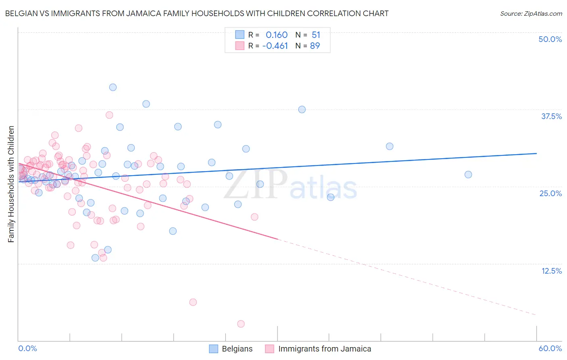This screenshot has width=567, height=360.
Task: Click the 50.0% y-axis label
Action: click(x=550, y=39)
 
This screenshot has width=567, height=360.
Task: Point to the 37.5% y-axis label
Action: click(x=551, y=116)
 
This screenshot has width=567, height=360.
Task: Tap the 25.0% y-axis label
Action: click(x=550, y=193)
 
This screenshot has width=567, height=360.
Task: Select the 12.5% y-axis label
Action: click(x=551, y=271)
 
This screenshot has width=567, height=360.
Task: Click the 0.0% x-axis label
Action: click(x=27, y=348)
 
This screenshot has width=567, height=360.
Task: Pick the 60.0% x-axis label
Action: click(x=550, y=348)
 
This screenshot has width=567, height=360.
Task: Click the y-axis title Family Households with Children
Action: click(x=11, y=184)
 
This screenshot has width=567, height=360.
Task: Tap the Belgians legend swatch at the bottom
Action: click(x=213, y=349)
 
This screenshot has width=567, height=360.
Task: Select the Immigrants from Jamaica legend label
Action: click(x=325, y=349)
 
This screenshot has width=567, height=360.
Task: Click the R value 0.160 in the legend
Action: click(x=277, y=35)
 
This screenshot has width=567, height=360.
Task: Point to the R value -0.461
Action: click(x=275, y=46)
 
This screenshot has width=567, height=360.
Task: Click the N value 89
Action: click(x=315, y=46)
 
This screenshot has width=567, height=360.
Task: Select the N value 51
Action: click(x=316, y=35)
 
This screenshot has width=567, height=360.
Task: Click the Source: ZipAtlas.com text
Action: click(x=531, y=14)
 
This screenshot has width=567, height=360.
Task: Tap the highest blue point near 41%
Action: click(x=113, y=87)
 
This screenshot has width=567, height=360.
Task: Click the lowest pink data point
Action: click(x=241, y=324)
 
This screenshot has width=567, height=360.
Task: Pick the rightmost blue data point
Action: click(x=468, y=174)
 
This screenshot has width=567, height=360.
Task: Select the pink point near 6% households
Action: click(x=193, y=302)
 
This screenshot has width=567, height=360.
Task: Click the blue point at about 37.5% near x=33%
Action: click(x=302, y=109)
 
